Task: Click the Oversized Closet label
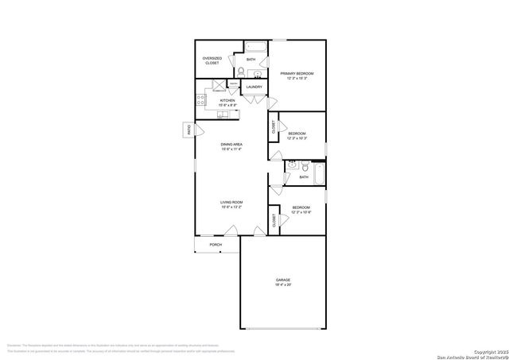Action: [x=212, y=60]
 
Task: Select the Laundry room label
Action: [x=254, y=87]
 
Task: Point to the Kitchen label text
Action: [x=227, y=101]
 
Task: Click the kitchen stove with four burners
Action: [x=200, y=101]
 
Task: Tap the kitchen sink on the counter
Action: [x=223, y=114]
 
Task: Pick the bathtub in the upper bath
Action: [x=255, y=46]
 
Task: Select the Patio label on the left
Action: [x=188, y=129]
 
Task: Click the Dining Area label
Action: [x=231, y=144]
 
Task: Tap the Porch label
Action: [x=216, y=245]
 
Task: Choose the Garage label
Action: [x=282, y=279]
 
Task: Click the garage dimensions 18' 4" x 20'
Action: [x=282, y=284]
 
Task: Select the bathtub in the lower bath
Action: [x=320, y=175]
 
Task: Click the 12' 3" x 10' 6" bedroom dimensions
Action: [x=301, y=211]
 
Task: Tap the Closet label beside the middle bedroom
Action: [x=274, y=126]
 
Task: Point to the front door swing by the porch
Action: [x=230, y=231]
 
